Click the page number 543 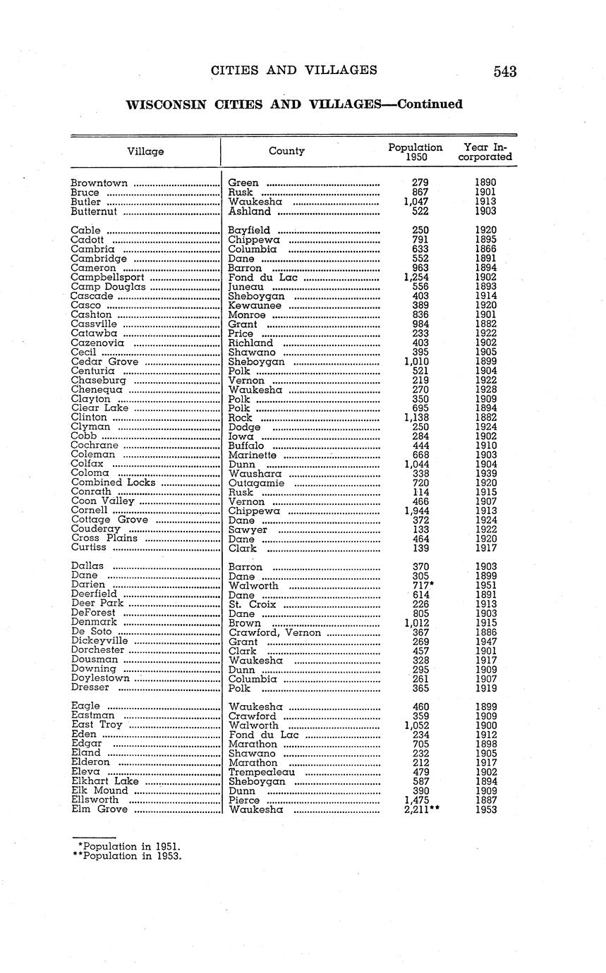505,71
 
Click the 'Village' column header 145,152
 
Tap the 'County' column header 286,151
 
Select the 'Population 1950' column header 416,152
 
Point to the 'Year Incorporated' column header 485,152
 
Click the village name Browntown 99,183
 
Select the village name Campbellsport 107,278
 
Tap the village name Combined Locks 114,483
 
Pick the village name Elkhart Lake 105,781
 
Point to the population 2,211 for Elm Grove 418,809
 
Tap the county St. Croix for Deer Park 252,604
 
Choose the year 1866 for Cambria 485,250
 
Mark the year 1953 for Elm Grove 485,809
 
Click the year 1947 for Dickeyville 485,642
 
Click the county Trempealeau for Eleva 263,772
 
